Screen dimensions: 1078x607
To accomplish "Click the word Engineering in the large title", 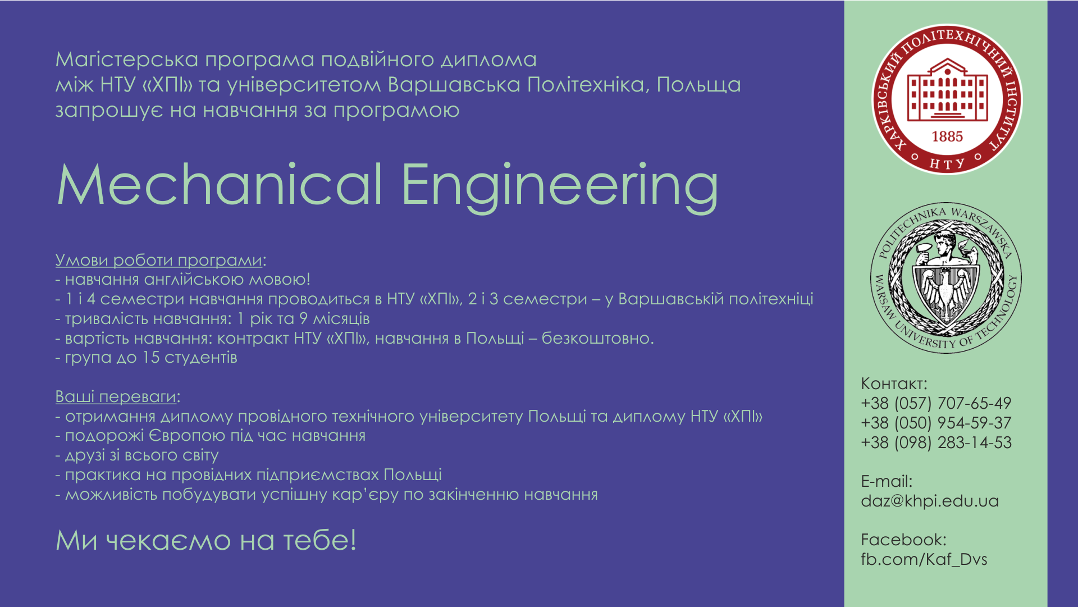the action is point(560,188).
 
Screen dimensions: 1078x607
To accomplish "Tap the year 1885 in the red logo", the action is point(947,136).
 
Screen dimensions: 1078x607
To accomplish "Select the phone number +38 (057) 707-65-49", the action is point(936,403).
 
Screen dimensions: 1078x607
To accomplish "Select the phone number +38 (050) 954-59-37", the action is point(936,423).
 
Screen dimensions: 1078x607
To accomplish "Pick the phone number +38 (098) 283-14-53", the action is point(936,442).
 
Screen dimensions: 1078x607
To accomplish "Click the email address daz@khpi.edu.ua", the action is point(930,501).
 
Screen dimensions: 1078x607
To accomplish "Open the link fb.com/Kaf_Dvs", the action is point(924,559).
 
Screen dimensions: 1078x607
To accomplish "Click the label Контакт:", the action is point(894,384).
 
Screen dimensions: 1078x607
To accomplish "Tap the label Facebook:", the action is point(903,540).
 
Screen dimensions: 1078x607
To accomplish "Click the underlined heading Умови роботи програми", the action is point(159,261).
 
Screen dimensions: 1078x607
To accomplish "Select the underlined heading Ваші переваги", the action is point(116,397).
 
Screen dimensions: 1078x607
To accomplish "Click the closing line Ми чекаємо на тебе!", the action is point(206,540).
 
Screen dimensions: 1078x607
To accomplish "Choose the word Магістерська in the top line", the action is point(127,60).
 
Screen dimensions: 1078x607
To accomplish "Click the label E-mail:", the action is point(887,481).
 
